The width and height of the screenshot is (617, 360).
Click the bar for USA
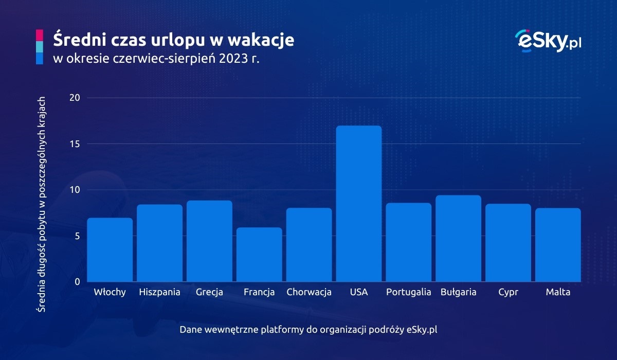click(x=359, y=204)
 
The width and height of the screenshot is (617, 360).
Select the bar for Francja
click(x=259, y=255)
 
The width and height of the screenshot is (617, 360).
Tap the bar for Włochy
click(x=110, y=250)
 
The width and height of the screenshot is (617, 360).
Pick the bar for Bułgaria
click(x=459, y=239)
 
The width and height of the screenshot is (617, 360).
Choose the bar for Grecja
click(x=209, y=241)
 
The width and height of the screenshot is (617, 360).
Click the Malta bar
click(x=558, y=245)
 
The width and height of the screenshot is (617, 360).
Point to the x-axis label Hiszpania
click(x=159, y=292)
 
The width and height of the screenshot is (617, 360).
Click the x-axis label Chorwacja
click(x=309, y=292)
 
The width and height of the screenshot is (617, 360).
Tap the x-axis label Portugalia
click(x=409, y=292)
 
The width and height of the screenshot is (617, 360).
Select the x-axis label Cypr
click(x=508, y=292)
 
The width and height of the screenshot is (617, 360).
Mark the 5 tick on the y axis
click(x=76, y=236)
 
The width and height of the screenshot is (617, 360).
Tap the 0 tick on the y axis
click(x=76, y=282)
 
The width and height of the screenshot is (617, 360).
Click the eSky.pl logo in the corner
click(x=548, y=40)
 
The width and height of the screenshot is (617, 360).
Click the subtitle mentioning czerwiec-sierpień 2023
click(x=156, y=59)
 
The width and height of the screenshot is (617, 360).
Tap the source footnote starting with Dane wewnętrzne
click(x=308, y=329)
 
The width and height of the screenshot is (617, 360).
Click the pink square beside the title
click(x=40, y=35)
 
